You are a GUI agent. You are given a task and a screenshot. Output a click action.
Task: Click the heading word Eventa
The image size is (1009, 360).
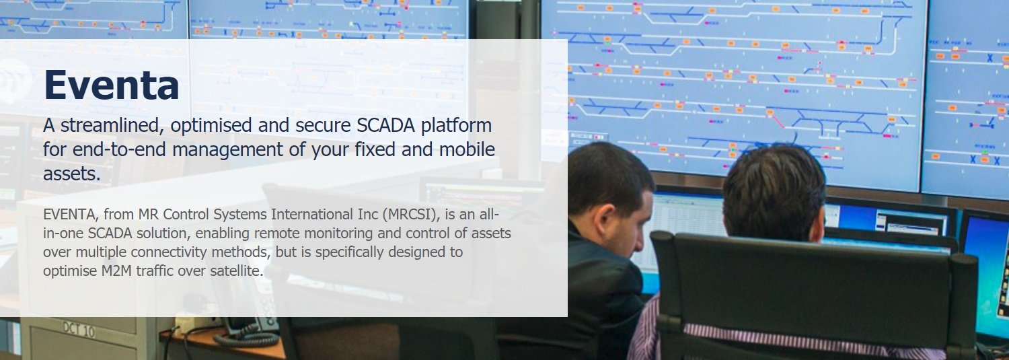pyautogui.click(x=111, y=85)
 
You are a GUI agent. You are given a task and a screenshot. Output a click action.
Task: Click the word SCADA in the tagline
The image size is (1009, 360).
pyautogui.click(x=385, y=125)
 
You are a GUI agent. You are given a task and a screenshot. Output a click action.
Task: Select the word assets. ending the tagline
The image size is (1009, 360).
pyautogui.click(x=71, y=174)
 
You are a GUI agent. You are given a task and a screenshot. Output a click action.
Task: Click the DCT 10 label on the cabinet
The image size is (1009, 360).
pyautogui.click(x=79, y=330)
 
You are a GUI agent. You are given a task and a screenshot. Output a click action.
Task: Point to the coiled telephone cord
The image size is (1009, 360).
pyautogui.click(x=246, y=339)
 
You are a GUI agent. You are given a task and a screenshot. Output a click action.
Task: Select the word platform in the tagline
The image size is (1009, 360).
pyautogui.click(x=456, y=126)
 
